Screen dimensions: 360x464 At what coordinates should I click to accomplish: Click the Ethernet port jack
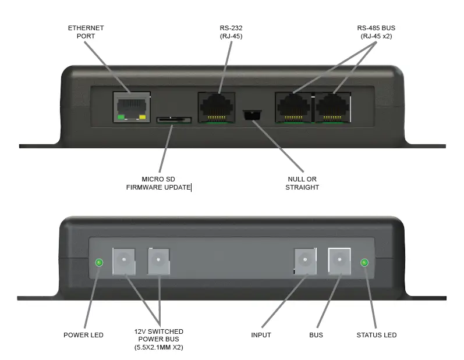coord(131,106)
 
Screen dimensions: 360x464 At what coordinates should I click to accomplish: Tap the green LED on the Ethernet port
coord(121,117)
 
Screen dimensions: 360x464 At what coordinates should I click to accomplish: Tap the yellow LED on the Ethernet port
coord(142,117)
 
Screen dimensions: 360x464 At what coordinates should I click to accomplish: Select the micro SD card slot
coord(173,120)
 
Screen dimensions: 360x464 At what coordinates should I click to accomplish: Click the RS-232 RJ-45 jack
coord(216,106)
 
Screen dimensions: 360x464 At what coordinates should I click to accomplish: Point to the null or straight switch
coord(252,116)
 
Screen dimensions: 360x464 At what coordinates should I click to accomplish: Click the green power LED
coord(99,263)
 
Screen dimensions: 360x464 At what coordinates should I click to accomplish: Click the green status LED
coord(364,263)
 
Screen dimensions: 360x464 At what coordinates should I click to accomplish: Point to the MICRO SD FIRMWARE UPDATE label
coord(158,183)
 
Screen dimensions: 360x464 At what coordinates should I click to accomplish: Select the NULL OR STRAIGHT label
coord(302,183)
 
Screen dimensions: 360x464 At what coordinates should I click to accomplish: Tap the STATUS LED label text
coord(376,335)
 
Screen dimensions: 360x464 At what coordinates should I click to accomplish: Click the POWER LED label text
coord(83,335)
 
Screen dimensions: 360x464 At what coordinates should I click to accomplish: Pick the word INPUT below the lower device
coord(261,335)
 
